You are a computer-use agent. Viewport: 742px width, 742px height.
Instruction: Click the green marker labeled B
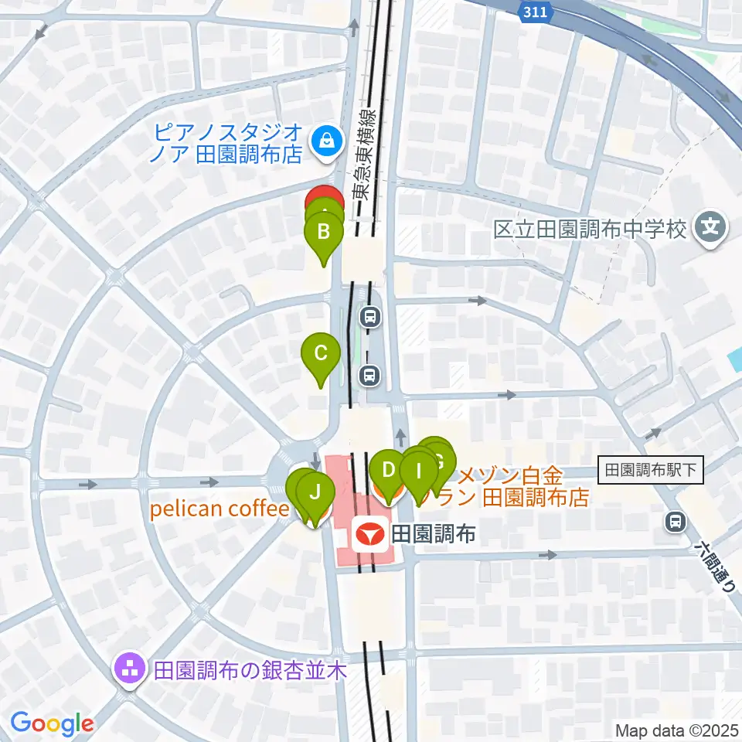coord(325,231)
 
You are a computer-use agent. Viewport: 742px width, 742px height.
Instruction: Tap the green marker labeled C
coord(321,354)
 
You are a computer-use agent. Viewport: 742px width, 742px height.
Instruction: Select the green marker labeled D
coord(388,469)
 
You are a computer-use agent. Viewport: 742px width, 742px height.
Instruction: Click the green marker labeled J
coord(315,491)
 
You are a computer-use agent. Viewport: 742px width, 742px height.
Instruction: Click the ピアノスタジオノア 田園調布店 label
coord(228,143)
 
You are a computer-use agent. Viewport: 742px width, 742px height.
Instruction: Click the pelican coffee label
coord(218,509)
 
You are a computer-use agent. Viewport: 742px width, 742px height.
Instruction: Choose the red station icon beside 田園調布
coord(370,533)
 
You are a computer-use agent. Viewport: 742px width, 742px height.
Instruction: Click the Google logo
coord(52,724)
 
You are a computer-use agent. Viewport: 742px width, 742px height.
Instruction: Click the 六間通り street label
coord(712,565)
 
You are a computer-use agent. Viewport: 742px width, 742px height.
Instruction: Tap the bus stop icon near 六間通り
coord(676,522)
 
